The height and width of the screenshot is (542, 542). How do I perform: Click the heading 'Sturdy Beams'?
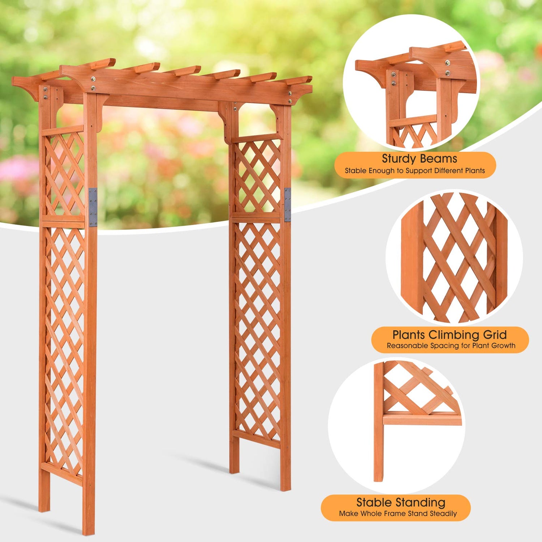(419, 159)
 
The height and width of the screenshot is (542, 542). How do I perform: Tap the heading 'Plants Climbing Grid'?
(449, 335)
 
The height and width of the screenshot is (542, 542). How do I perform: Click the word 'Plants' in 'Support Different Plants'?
(473, 171)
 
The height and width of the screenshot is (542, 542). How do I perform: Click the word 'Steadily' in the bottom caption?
(443, 513)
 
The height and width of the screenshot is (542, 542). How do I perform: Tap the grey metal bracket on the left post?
(93, 207)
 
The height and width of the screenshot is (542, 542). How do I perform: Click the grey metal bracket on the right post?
(288, 205)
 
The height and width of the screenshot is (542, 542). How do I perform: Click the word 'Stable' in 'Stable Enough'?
(356, 171)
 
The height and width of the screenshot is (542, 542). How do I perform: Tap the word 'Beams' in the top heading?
(440, 159)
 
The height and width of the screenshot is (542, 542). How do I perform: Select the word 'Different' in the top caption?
(446, 171)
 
